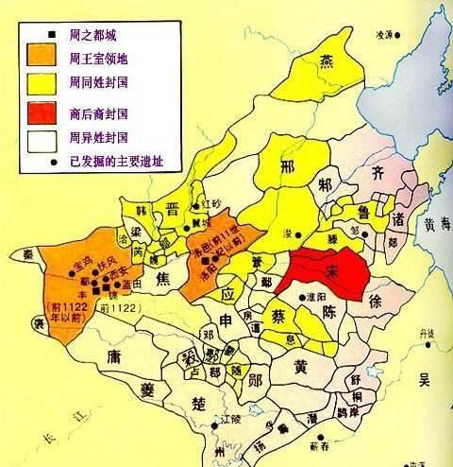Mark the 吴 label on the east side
[424, 380]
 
